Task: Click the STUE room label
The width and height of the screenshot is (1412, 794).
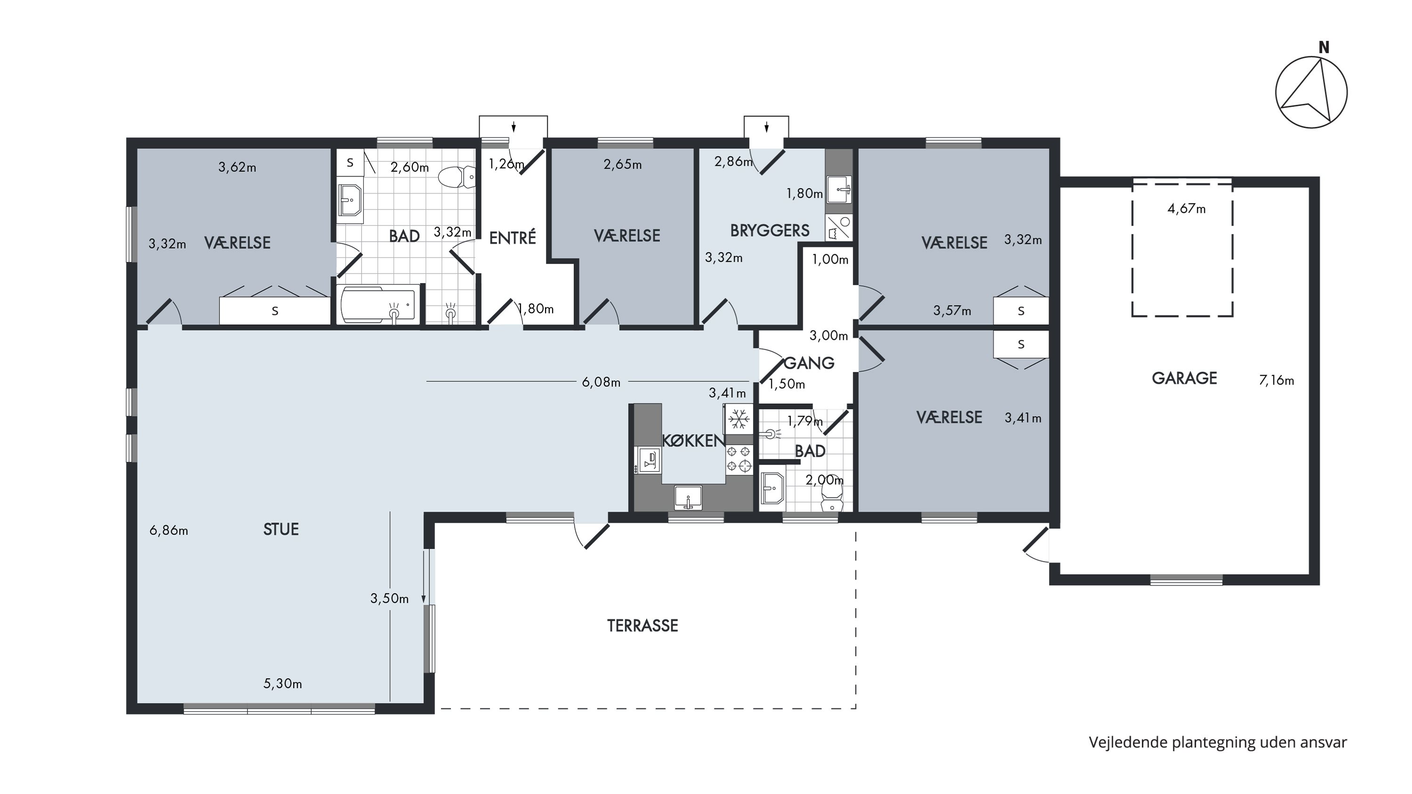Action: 281,529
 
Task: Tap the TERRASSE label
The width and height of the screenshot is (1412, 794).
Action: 642,626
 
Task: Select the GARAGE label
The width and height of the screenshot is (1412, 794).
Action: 1185,378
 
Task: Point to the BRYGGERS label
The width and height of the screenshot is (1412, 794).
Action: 770,231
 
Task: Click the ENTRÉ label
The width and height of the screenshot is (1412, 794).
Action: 513,237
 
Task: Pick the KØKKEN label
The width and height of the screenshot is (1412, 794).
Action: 694,441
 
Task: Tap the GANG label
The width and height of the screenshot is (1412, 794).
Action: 810,363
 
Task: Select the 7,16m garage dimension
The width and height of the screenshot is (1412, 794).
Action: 1276,380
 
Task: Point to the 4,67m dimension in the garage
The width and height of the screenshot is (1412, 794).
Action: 1187,209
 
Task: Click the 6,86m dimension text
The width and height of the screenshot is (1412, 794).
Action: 169,530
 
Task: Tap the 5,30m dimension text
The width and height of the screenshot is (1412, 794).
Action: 283,684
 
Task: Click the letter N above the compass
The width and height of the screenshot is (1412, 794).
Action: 1324,48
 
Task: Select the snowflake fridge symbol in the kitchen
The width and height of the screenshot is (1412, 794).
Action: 739,419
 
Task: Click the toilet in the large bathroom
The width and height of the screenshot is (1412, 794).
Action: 457,177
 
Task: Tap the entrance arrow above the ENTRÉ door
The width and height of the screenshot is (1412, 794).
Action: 513,127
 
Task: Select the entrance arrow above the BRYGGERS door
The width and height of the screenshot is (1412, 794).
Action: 766,127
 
